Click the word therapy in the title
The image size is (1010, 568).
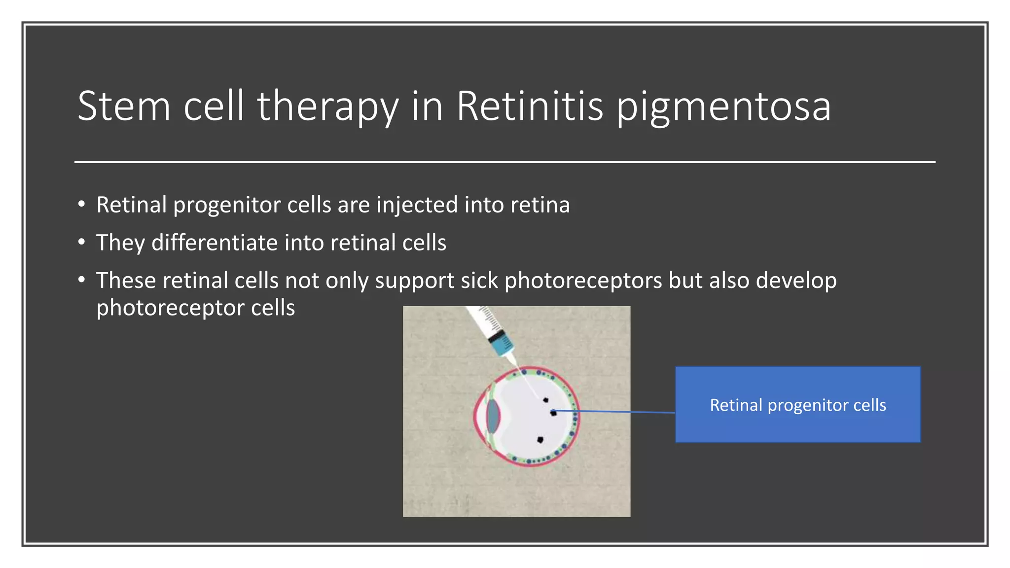coord(327,107)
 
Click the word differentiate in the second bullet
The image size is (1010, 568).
coord(215,243)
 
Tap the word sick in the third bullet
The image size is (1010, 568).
coord(479,280)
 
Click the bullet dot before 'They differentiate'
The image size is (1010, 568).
coord(82,242)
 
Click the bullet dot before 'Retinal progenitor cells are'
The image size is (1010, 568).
coord(82,204)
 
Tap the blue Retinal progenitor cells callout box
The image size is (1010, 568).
coord(797,404)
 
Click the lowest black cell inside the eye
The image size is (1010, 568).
coord(540,439)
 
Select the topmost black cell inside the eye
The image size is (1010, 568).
coord(546,400)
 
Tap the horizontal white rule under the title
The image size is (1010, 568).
coord(505,162)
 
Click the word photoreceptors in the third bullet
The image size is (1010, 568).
coord(583,280)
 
